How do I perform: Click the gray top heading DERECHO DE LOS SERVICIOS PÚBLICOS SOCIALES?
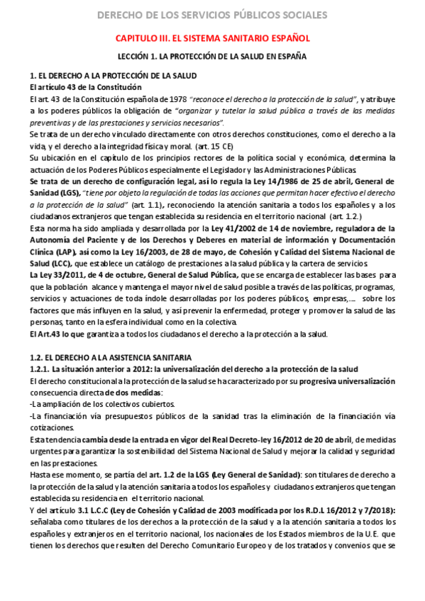(x=212, y=14)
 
